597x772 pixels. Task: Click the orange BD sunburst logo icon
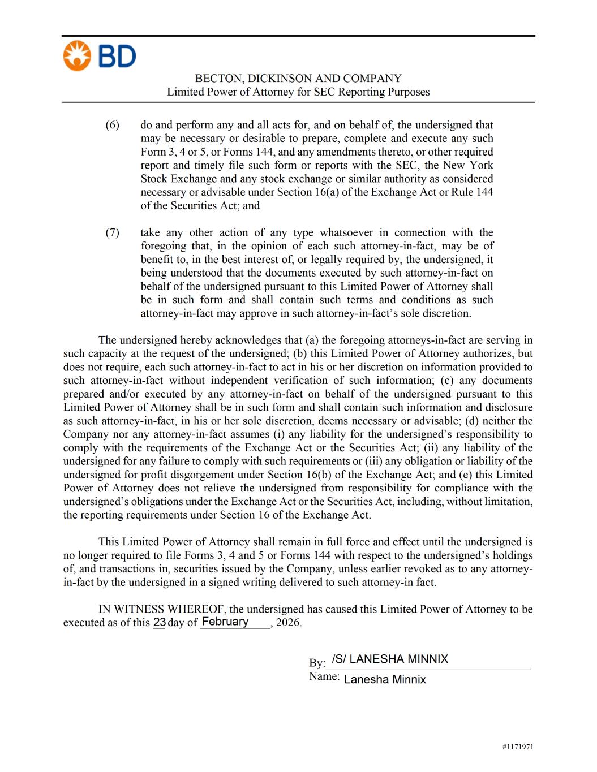(77, 56)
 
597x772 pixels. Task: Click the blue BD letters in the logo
(117, 57)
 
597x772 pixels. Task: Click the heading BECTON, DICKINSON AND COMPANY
(298, 79)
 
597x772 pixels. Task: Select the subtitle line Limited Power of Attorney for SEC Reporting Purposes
(298, 92)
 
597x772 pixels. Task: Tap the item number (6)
(112, 125)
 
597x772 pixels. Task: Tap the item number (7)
(112, 232)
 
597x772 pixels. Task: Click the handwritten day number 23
(159, 622)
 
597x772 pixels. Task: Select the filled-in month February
(225, 622)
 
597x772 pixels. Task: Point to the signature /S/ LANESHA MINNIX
(390, 659)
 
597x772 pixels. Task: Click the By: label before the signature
(317, 663)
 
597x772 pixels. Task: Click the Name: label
(324, 676)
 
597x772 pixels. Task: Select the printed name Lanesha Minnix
(385, 679)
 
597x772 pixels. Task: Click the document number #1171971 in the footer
(517, 747)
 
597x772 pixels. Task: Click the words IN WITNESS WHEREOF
(162, 609)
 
